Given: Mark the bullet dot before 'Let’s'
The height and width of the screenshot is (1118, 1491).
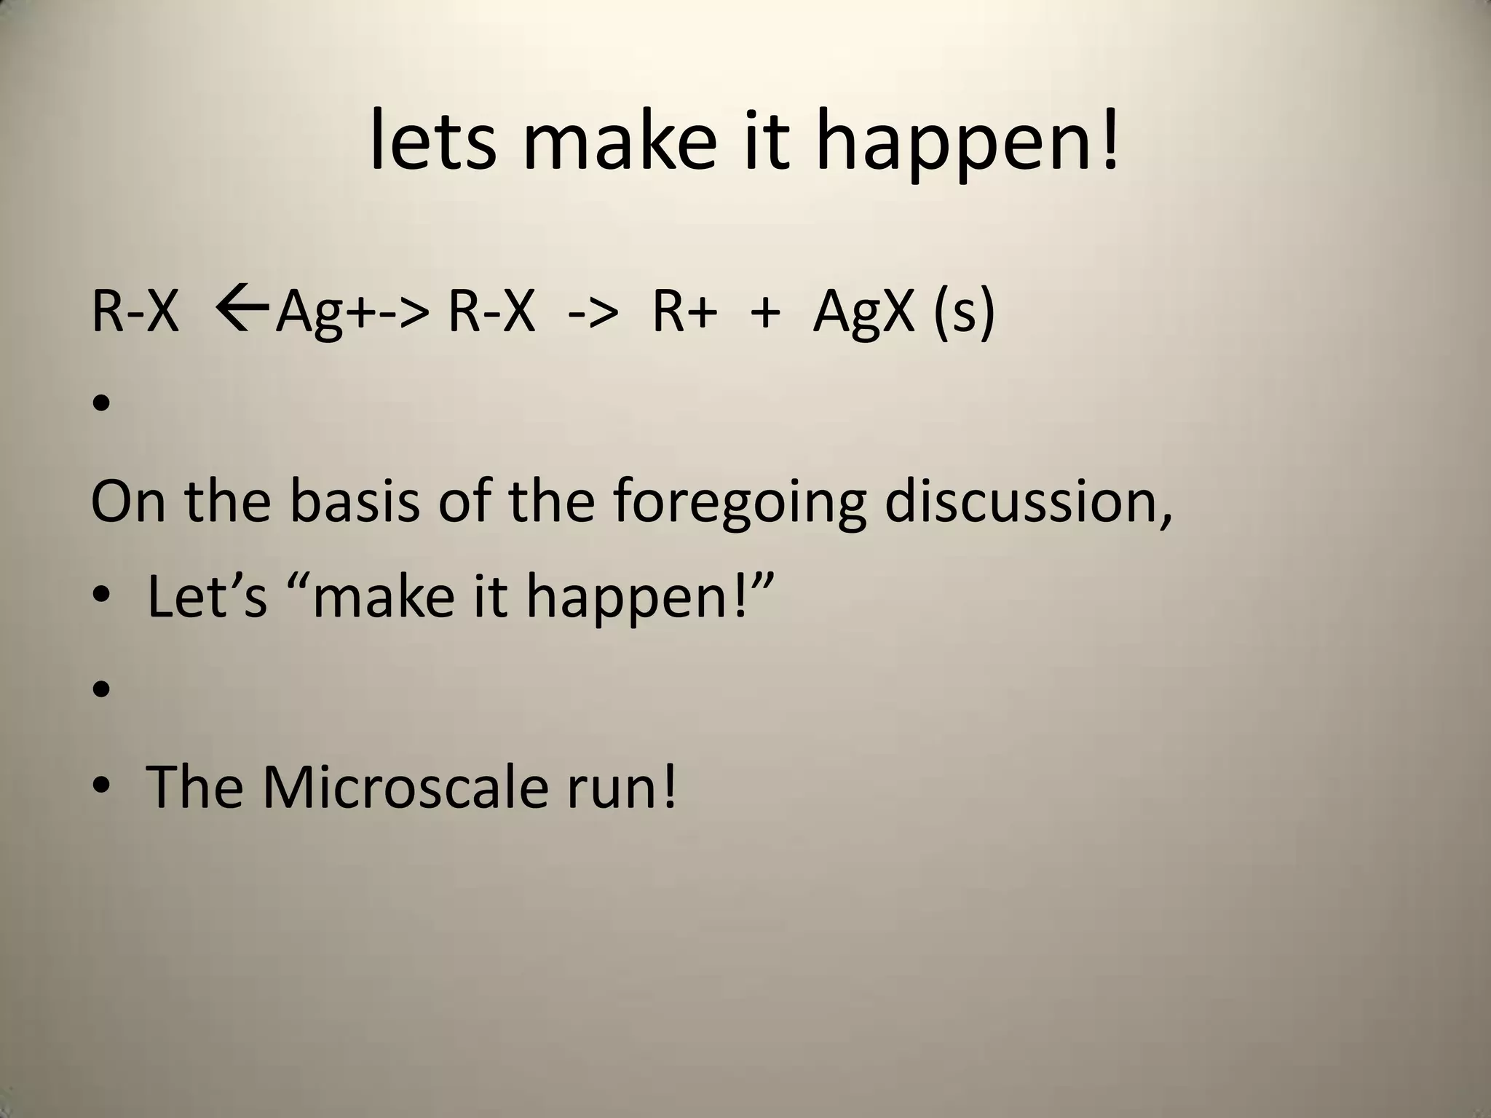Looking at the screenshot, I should tap(101, 596).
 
